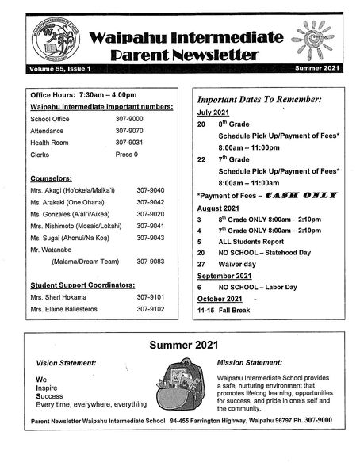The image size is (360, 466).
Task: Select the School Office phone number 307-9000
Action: click(x=128, y=118)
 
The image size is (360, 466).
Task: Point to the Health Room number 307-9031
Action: click(x=128, y=143)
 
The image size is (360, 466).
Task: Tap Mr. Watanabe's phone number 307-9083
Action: click(x=150, y=261)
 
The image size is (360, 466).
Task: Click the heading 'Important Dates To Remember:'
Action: click(x=259, y=100)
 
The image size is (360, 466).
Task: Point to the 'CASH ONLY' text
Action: click(x=301, y=194)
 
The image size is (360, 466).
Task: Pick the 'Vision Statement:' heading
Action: click(x=67, y=362)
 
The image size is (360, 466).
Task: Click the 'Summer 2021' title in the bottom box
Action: click(x=179, y=346)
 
